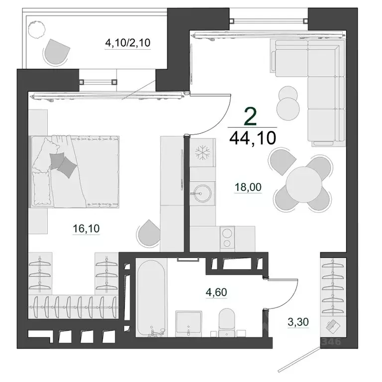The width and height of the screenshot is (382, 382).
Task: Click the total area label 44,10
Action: point(253,138)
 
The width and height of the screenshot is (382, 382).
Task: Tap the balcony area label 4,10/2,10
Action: point(128,43)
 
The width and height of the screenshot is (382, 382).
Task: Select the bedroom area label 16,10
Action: point(86,228)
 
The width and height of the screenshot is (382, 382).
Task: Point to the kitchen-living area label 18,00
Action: point(248,187)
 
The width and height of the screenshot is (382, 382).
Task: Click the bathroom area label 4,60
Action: point(216,292)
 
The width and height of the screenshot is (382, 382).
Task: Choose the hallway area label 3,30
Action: point(298,322)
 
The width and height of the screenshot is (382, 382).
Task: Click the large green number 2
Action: point(251,117)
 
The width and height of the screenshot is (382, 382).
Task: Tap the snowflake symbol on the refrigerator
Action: point(202,153)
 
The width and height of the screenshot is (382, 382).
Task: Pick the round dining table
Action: point(304,185)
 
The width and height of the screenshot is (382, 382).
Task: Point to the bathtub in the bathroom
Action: point(151,298)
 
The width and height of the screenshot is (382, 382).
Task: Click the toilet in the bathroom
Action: point(227,322)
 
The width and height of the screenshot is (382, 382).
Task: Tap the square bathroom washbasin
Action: point(189,322)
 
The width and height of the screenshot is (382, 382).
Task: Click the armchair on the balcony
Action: point(57,52)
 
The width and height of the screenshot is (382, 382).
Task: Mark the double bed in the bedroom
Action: point(74,172)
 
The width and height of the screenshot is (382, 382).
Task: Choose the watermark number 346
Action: point(331,342)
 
